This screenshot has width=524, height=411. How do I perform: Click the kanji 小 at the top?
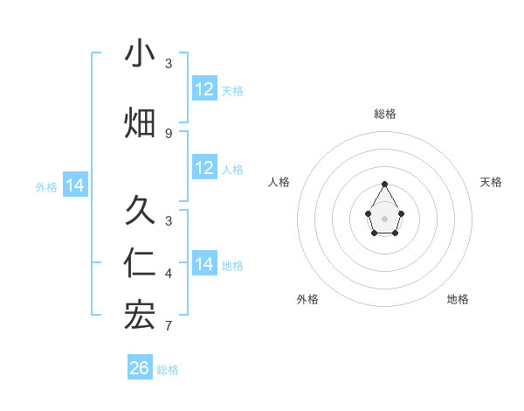[x=140, y=54]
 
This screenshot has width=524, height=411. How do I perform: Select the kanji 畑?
[x=140, y=123]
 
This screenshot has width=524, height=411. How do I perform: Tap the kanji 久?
[x=140, y=210]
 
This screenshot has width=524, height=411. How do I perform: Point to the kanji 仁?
[x=140, y=264]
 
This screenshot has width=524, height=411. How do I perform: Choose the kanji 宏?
[x=140, y=317]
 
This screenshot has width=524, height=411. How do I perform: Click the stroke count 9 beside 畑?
[x=169, y=133]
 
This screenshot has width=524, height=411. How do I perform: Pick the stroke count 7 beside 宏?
[x=169, y=326]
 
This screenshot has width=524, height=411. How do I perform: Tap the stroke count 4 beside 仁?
[x=169, y=274]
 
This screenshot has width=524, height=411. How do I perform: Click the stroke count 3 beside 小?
[x=169, y=64]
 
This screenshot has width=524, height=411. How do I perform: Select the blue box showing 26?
[x=140, y=368]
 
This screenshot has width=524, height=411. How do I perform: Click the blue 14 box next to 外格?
[x=75, y=185]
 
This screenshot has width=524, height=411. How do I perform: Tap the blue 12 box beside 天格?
[x=204, y=89]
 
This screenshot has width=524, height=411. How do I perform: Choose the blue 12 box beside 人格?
[x=204, y=168]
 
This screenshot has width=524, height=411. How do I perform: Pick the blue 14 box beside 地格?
[x=204, y=264]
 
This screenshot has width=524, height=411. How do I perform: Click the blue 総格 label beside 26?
[x=168, y=370]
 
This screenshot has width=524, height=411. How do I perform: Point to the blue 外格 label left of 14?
[x=46, y=186]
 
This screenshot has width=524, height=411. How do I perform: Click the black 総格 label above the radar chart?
[x=385, y=114]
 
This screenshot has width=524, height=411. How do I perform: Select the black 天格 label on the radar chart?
[x=491, y=182]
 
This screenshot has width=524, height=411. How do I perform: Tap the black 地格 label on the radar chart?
[x=458, y=299]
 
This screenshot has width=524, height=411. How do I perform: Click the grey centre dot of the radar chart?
[x=384, y=217]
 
